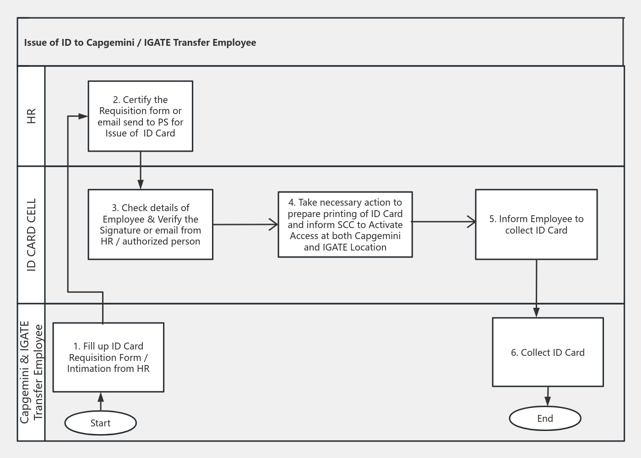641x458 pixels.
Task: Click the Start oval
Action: click(x=100, y=423)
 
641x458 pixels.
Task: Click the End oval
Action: click(x=545, y=418)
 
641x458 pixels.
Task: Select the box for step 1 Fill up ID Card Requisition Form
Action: click(x=109, y=357)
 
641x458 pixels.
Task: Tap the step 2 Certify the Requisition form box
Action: click(x=140, y=116)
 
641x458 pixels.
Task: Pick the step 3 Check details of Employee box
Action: click(x=150, y=224)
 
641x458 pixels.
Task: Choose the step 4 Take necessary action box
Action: click(x=345, y=224)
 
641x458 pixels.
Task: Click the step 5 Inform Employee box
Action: click(x=536, y=224)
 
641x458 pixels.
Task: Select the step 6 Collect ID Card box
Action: click(x=548, y=352)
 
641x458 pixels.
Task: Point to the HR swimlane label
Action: click(x=31, y=116)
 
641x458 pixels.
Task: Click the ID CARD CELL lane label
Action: click(x=31, y=234)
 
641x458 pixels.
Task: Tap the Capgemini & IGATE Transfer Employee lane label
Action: click(x=31, y=372)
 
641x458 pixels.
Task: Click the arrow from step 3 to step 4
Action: click(x=245, y=224)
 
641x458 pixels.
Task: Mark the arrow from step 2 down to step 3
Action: click(x=141, y=169)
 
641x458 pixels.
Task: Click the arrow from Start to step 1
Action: click(x=101, y=402)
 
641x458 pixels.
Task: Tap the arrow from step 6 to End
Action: click(x=548, y=396)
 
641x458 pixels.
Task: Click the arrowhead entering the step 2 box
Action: click(x=83, y=116)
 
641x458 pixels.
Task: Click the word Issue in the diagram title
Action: click(x=35, y=43)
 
